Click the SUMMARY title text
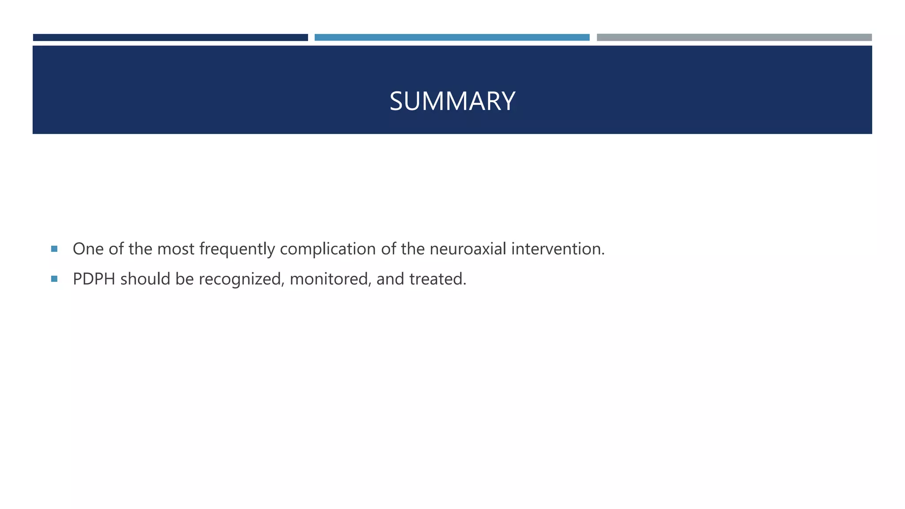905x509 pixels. point(452,101)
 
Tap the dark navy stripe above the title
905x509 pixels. point(170,38)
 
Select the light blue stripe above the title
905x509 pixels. point(452,38)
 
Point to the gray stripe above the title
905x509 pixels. point(734,38)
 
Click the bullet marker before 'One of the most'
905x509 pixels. point(54,249)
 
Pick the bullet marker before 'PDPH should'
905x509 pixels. point(54,279)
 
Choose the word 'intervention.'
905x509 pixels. point(558,249)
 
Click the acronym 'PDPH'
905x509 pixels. point(94,279)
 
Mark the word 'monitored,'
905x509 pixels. point(331,279)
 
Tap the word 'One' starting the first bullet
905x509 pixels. point(88,249)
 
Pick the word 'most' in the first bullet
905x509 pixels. point(175,249)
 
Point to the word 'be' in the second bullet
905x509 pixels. point(184,279)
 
